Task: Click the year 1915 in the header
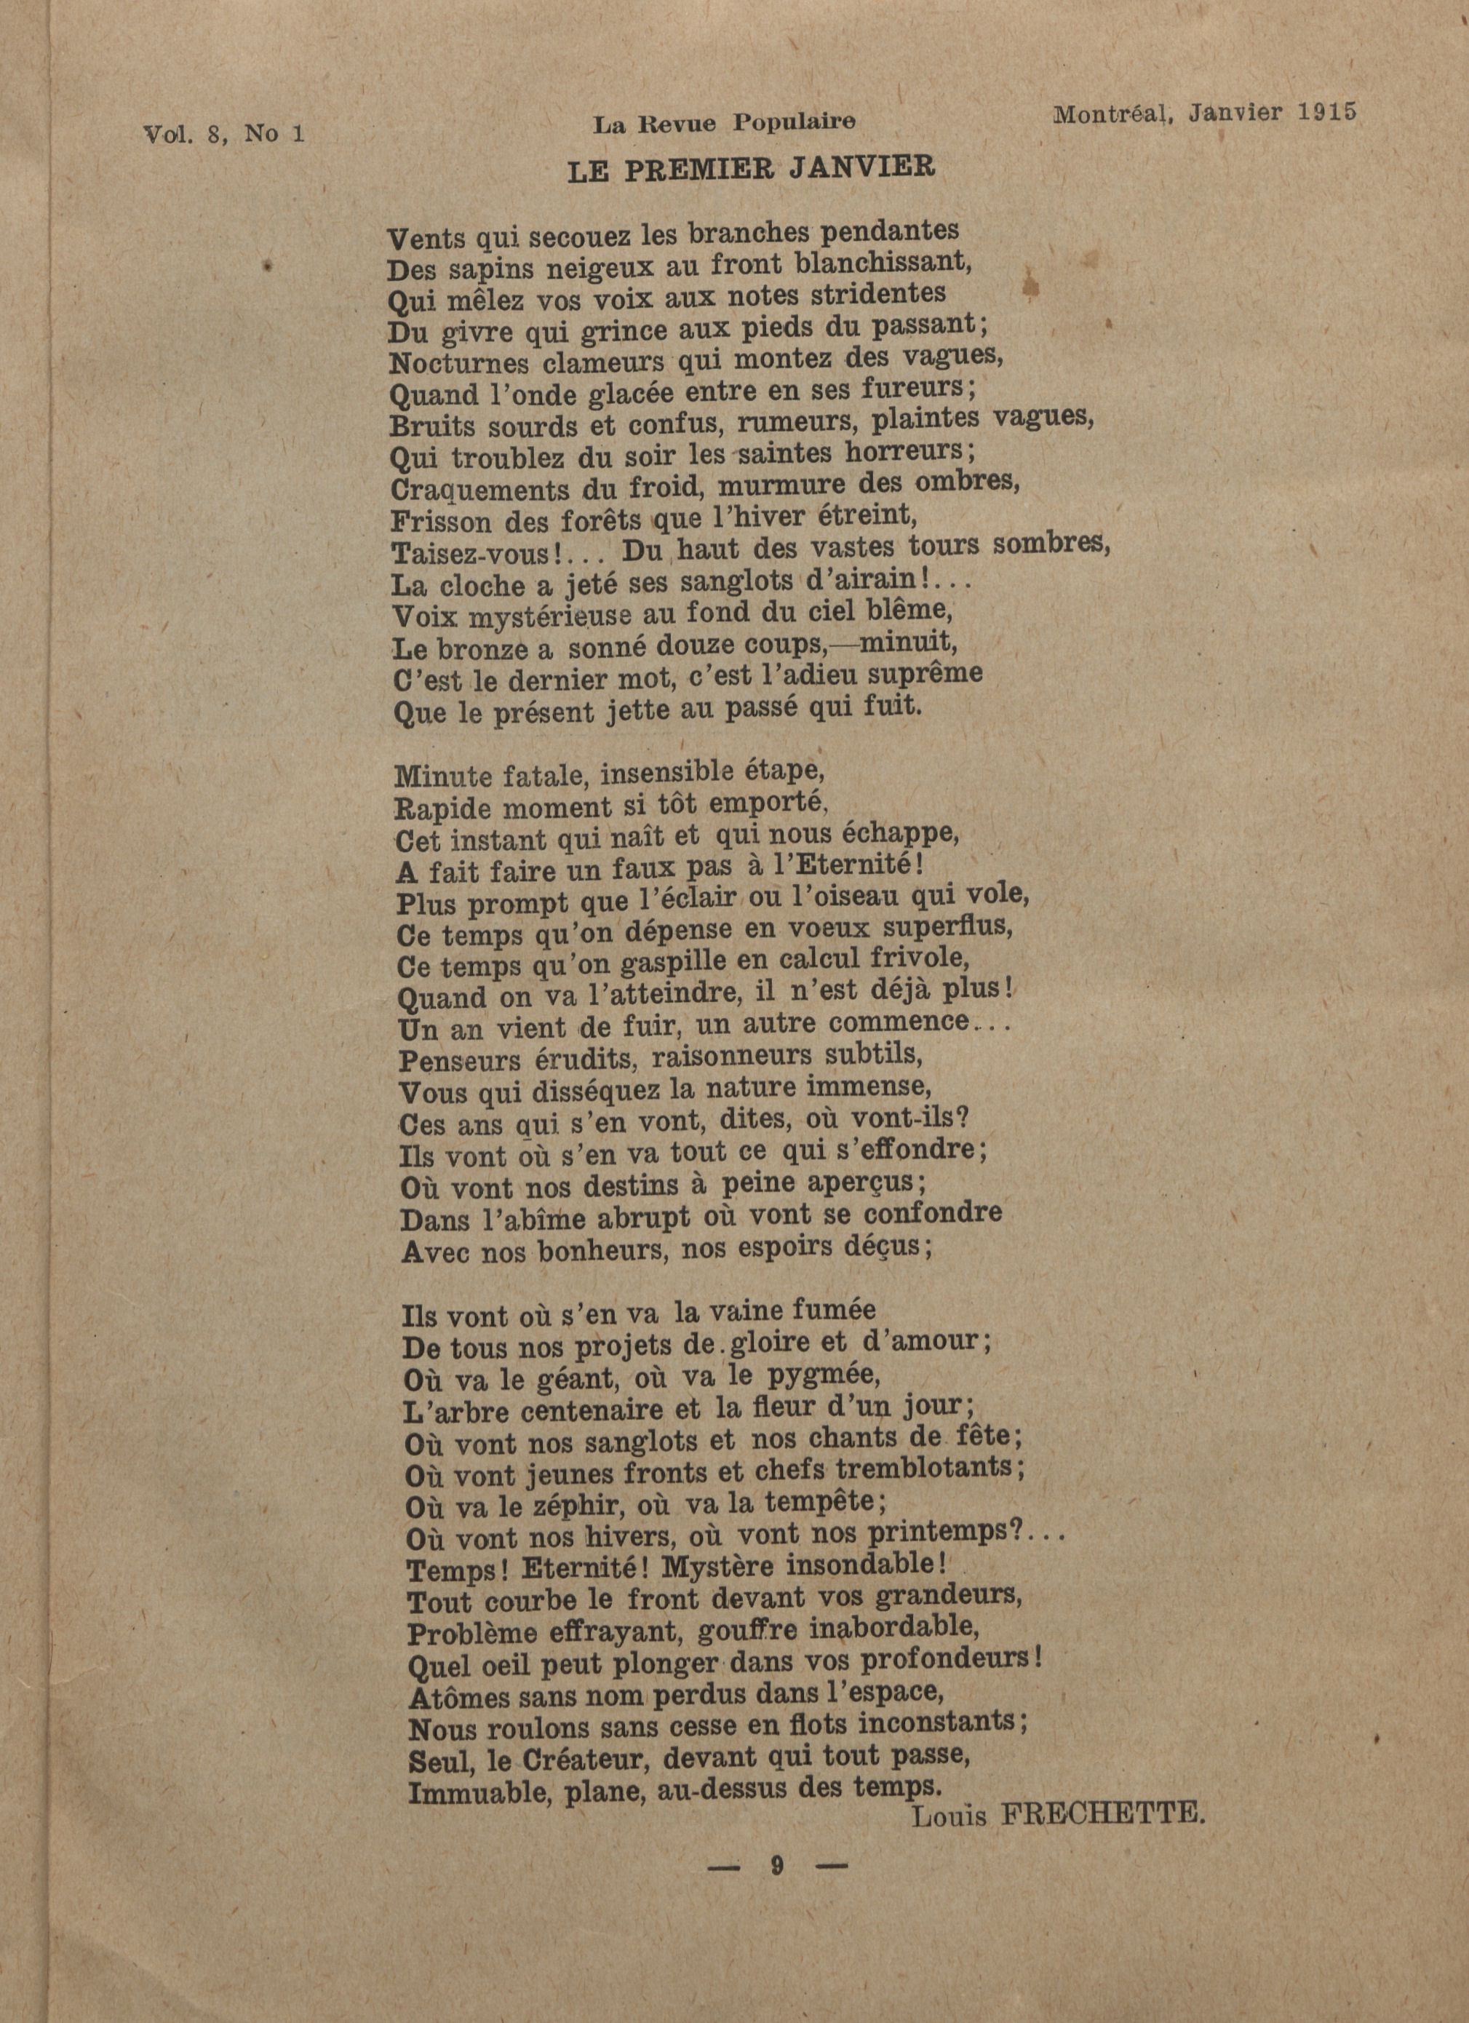coord(1328,112)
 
